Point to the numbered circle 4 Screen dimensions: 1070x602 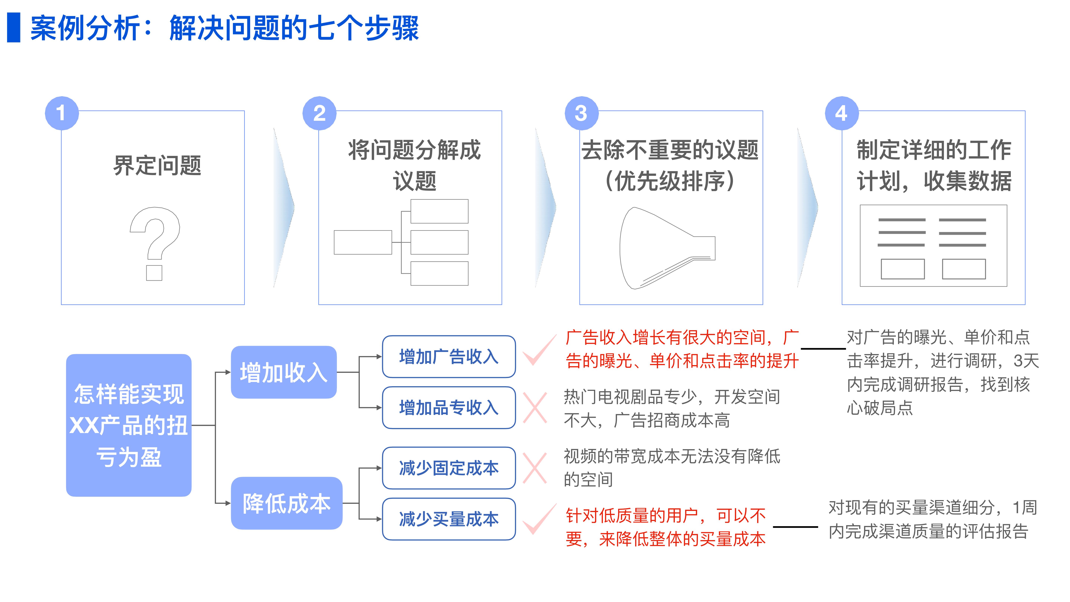pyautogui.click(x=842, y=113)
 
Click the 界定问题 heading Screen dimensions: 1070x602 pyautogui.click(x=157, y=165)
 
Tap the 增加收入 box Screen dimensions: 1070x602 pyautogui.click(x=284, y=372)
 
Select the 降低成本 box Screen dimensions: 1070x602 pyautogui.click(x=287, y=503)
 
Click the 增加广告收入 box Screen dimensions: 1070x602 pyautogui.click(x=449, y=357)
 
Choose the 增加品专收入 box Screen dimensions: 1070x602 pyautogui.click(x=449, y=407)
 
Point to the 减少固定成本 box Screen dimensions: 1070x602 pyautogui.click(x=449, y=468)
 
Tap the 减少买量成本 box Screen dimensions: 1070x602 pyautogui.click(x=449, y=519)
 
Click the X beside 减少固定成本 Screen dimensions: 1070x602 pyautogui.click(x=535, y=468)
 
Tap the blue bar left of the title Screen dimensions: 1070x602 pyautogui.click(x=14, y=27)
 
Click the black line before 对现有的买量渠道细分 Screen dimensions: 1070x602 pyautogui.click(x=795, y=527)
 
